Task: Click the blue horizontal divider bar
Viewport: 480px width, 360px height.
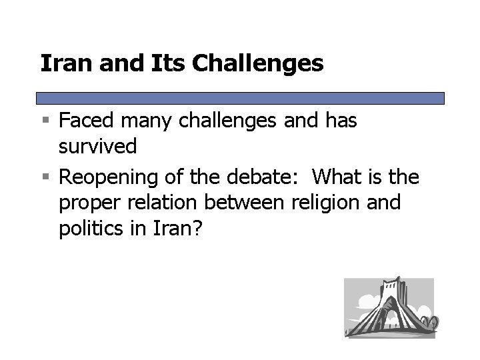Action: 241,98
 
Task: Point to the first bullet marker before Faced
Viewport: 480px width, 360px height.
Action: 46,122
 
